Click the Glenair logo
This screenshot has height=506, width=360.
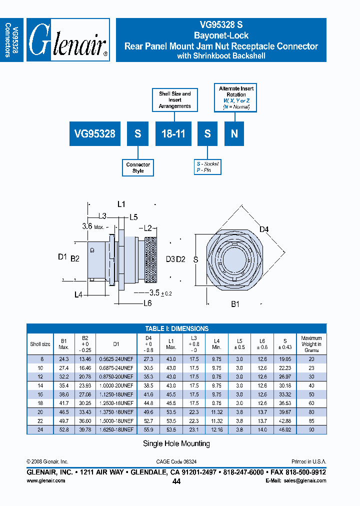68,40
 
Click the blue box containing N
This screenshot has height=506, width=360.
234,133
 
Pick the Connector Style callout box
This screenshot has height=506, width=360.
138,167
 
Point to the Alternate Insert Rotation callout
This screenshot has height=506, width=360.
236,97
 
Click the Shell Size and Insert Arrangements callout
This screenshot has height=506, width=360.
175,100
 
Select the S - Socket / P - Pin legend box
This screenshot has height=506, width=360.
207,167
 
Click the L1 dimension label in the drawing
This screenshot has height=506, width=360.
121,204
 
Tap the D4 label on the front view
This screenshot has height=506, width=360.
264,229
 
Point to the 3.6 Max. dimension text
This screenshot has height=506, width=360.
93,226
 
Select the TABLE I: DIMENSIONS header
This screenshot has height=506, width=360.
176,328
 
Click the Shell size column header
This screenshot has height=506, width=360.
40,344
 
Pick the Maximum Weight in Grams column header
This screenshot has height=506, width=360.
311,344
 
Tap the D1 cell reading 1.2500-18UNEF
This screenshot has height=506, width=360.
116,402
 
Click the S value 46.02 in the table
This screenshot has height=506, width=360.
284,429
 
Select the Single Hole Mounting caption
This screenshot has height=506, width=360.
176,443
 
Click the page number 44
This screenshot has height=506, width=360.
176,481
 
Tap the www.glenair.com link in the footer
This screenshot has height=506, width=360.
45,480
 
